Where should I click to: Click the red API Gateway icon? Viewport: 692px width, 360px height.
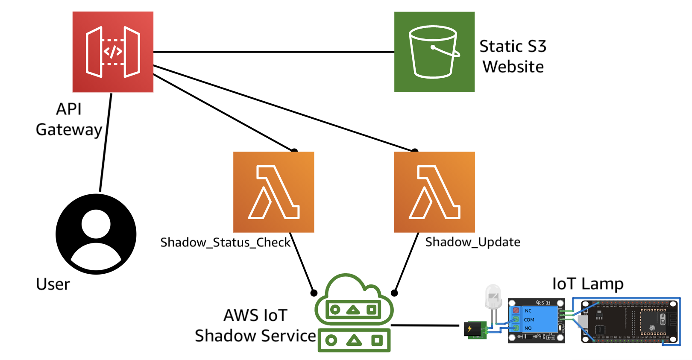coord(113,52)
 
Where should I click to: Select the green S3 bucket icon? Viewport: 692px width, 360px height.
coord(434,52)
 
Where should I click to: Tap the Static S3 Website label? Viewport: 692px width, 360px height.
coord(513,56)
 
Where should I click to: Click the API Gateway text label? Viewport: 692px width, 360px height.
coord(69,119)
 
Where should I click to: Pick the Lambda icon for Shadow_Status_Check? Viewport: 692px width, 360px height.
coord(273,192)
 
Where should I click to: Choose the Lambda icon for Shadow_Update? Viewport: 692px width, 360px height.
coord(434,192)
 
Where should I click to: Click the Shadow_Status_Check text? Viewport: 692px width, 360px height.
coord(225,243)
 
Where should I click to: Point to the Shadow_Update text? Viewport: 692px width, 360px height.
coord(472,242)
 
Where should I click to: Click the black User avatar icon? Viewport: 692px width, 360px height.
coord(96,234)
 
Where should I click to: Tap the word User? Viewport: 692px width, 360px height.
coord(53,284)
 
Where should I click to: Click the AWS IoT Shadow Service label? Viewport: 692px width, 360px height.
coord(255,325)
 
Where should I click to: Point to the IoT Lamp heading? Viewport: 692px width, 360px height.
coord(588,284)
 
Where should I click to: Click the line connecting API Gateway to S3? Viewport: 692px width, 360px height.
coord(273,52)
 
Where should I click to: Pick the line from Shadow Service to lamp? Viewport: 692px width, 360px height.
coord(425,325)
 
